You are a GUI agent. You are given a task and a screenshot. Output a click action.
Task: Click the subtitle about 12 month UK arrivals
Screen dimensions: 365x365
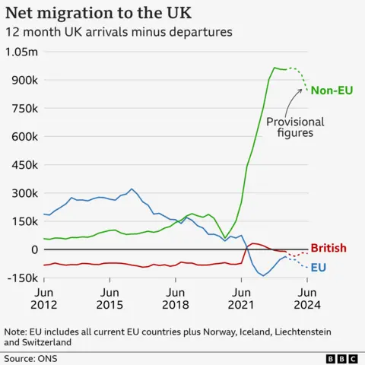[118, 33]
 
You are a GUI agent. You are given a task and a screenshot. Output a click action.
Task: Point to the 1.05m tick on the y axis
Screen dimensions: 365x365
[21, 52]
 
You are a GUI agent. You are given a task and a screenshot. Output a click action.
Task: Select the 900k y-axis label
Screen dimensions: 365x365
[23, 80]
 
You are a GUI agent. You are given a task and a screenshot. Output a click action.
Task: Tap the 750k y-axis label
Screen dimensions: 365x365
[23, 109]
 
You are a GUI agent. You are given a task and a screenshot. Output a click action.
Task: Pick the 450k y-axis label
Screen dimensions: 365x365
[23, 165]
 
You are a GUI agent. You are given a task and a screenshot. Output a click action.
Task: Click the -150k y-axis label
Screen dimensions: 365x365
[21, 278]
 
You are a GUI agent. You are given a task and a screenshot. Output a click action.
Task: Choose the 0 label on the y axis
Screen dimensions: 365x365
[34, 250]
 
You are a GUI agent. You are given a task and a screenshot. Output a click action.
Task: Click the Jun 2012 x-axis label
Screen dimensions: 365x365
[44, 298]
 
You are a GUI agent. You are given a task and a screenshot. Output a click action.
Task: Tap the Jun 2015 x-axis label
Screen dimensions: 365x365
[109, 298]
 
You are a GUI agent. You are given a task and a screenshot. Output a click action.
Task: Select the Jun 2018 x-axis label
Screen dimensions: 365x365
[176, 298]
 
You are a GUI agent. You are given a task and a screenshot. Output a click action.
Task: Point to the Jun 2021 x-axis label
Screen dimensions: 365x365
[241, 298]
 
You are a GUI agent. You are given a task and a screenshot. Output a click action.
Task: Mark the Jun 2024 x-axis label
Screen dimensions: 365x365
[306, 298]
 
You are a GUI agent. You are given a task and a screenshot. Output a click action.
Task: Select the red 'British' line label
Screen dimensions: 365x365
[328, 248]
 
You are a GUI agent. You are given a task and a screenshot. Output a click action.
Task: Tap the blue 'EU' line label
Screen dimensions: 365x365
[319, 267]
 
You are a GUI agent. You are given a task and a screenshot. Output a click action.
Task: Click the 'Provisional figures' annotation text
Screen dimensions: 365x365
[295, 127]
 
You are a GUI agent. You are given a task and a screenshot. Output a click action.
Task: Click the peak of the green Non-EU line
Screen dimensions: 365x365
[275, 68]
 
